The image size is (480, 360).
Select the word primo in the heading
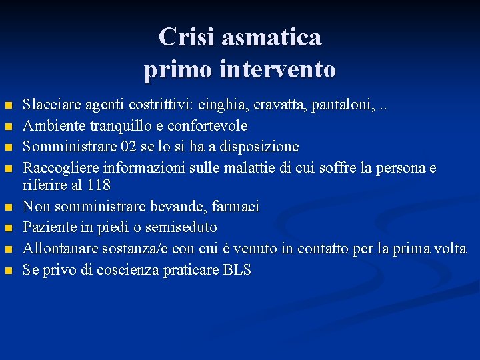click(177, 69)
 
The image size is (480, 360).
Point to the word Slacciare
click(51, 105)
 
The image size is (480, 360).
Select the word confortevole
click(207, 125)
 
